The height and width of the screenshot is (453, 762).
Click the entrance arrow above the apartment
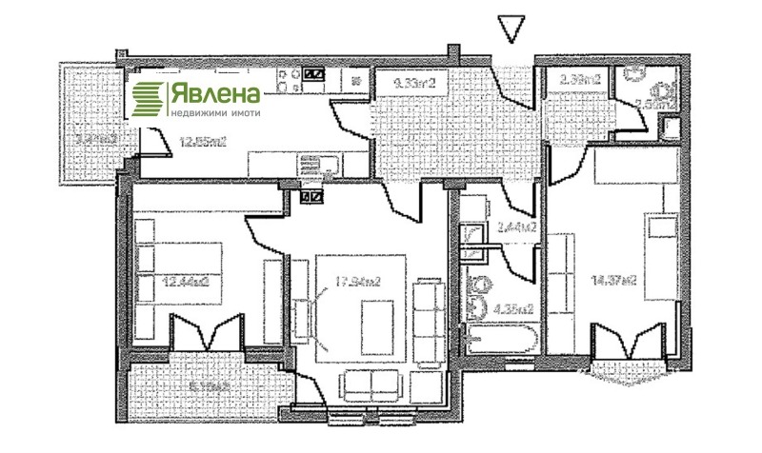click(x=511, y=30)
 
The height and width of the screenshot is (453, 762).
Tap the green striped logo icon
click(x=148, y=97)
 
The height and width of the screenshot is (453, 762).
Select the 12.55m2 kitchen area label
click(x=204, y=144)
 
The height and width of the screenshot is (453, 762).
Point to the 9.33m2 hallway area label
click(x=414, y=84)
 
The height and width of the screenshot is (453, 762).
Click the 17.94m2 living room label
click(x=361, y=282)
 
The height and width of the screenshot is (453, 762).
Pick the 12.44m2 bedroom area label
click(x=187, y=282)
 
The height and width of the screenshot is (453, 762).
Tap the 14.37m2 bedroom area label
click(x=614, y=281)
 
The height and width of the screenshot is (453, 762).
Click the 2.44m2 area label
click(x=516, y=227)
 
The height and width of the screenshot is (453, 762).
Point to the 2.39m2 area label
click(x=580, y=80)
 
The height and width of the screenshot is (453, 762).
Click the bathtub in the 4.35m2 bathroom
click(x=500, y=335)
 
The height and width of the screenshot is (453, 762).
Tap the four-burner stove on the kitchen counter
click(x=313, y=73)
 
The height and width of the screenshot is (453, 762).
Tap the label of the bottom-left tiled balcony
click(x=211, y=386)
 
